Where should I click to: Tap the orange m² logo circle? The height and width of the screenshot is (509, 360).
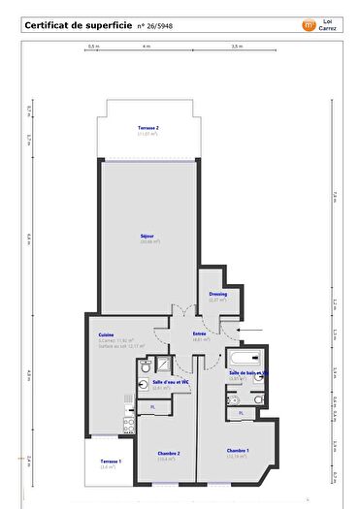coord(310,25)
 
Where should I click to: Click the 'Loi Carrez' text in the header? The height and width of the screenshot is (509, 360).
coord(329,25)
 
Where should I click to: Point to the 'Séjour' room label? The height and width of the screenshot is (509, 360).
coord(147,235)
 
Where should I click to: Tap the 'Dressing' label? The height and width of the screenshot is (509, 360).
coord(217,294)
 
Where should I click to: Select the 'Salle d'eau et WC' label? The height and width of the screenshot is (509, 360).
coord(169,382)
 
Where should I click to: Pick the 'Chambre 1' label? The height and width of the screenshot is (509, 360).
coord(238,451)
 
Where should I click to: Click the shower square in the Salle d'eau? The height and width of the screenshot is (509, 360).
coord(165,365)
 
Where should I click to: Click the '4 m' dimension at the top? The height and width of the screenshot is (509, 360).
coord(147,46)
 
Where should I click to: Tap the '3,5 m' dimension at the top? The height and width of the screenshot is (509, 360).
coord(236,46)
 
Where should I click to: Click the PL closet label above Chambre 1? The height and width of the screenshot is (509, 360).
coord(242,413)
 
